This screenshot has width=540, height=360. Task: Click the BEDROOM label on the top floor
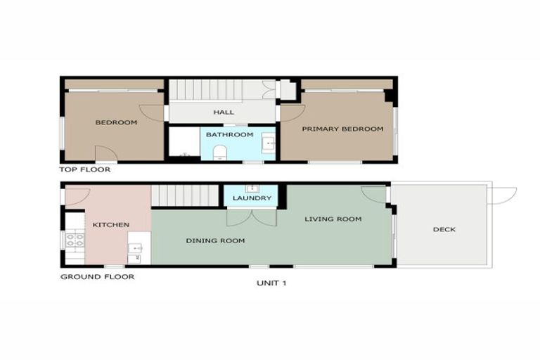pyautogui.click(x=116, y=122)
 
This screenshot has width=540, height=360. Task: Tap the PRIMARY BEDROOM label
pyautogui.click(x=342, y=129)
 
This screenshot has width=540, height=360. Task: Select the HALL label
pyautogui.click(x=224, y=112)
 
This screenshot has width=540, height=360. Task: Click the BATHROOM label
pyautogui.click(x=229, y=134)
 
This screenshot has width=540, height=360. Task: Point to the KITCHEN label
pyautogui.click(x=110, y=224)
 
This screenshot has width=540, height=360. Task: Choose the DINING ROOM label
pyautogui.click(x=215, y=240)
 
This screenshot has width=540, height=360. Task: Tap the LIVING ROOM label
pyautogui.click(x=333, y=219)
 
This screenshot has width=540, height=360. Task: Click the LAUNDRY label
pyautogui.click(x=252, y=198)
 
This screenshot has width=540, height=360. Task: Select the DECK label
pyautogui.click(x=444, y=229)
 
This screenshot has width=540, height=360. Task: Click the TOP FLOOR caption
pyautogui.click(x=85, y=169)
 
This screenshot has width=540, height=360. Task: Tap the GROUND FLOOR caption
pyautogui.click(x=97, y=276)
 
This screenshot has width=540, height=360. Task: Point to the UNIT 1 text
pyautogui.click(x=271, y=283)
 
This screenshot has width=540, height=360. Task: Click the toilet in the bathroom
pyautogui.click(x=219, y=151)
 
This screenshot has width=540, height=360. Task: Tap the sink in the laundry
pyautogui.click(x=252, y=188)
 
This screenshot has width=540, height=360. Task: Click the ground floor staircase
pyautogui.click(x=186, y=195)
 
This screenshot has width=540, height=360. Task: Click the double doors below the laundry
pyautogui.click(x=252, y=217)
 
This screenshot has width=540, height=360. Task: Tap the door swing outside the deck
pyautogui.click(x=503, y=195)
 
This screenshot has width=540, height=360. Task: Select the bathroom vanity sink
pyautogui.click(x=268, y=143)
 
